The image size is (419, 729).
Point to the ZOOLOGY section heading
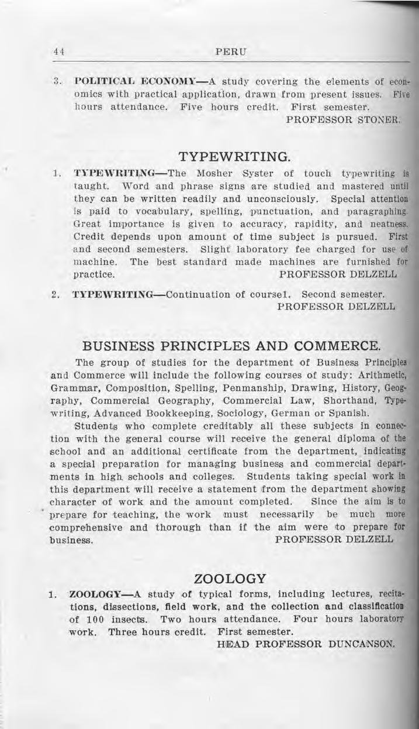tap(230, 579)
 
